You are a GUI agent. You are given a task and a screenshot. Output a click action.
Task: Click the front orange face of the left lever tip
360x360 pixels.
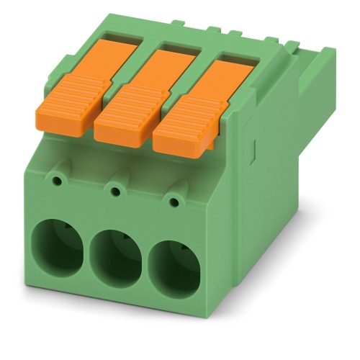61,121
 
